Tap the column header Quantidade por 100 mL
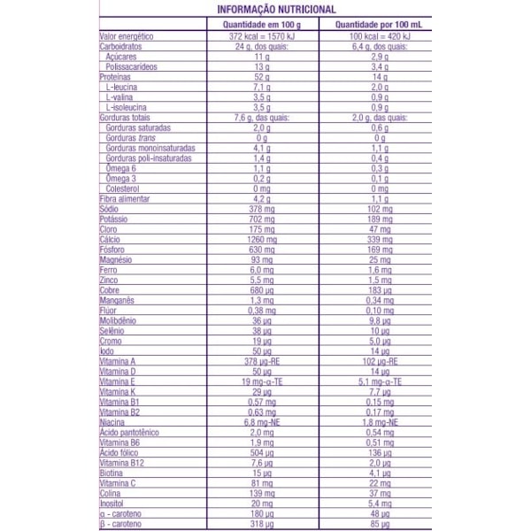[379, 25]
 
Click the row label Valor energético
[127, 37]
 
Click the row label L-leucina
[123, 88]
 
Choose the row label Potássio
[116, 218]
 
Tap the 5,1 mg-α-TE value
[379, 381]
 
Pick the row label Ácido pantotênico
[130, 431]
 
